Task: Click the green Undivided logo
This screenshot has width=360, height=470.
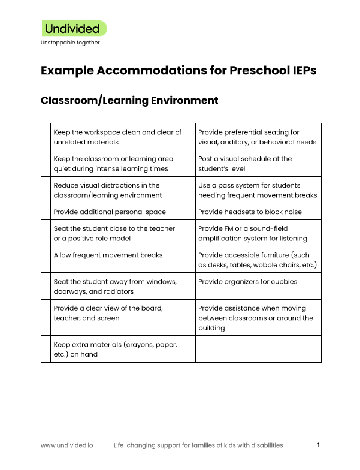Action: coord(74,28)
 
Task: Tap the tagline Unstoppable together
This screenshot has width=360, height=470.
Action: coord(70,43)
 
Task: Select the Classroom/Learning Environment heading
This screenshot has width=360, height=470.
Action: coord(129,100)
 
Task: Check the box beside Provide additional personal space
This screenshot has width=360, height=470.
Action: coord(47,212)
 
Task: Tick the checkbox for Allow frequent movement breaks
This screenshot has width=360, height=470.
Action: coord(47,260)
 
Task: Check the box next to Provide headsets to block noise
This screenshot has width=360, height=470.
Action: coord(191,212)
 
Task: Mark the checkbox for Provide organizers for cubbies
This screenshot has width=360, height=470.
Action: coord(191,286)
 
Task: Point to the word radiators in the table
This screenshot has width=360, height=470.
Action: coord(116,291)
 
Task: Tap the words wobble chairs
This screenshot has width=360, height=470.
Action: coord(282,265)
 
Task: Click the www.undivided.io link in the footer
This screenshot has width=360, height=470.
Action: coord(66,445)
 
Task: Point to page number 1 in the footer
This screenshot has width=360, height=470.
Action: coord(319,445)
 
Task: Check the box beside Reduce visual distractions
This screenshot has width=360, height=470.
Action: coord(47,191)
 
